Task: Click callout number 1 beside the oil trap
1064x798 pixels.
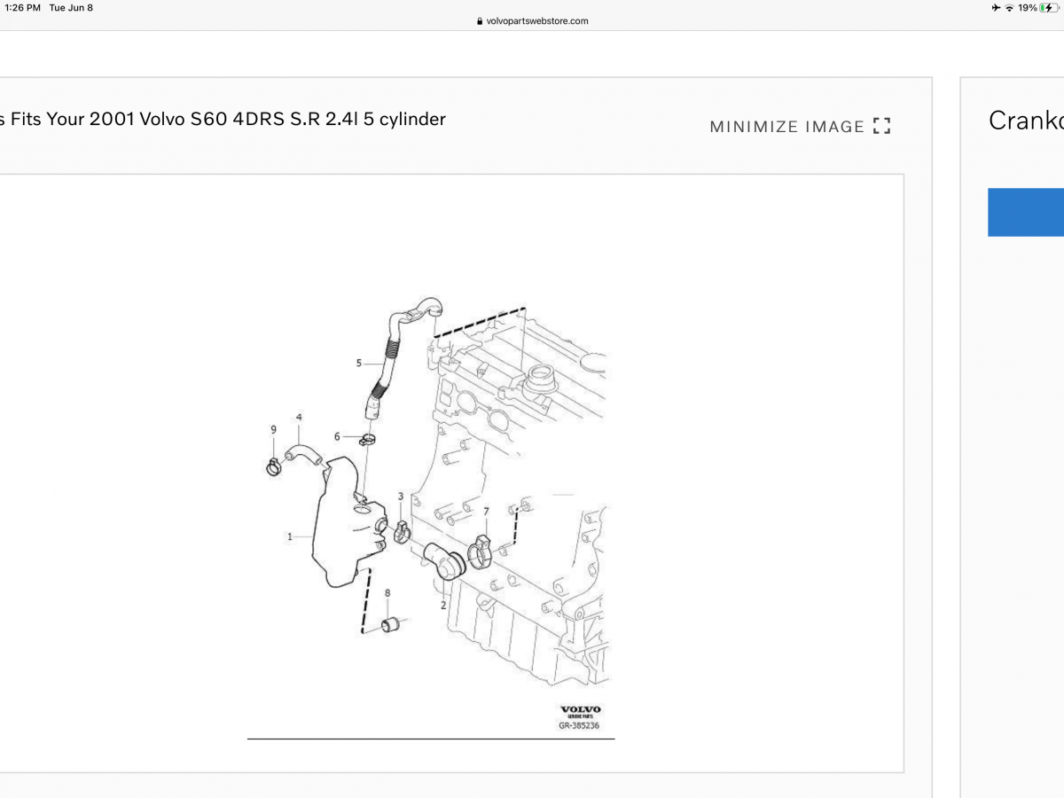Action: point(289,536)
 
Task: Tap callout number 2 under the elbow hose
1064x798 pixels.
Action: point(443,606)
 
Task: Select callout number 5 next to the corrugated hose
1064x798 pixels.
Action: point(359,363)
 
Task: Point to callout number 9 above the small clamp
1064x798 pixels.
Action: point(274,430)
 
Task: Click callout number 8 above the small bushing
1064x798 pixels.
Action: point(387,592)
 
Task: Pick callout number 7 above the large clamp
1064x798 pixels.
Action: point(486,512)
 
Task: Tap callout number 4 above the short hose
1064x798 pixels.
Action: point(299,417)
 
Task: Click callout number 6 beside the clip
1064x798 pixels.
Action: point(337,436)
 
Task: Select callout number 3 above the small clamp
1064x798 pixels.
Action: point(401,497)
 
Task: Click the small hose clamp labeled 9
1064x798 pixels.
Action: point(274,465)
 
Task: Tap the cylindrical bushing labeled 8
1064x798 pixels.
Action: point(392,625)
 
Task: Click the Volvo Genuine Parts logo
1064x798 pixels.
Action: point(581,711)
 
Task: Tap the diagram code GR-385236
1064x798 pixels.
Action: point(579,725)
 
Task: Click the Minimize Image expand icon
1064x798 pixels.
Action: point(881,126)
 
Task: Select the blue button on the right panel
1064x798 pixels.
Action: point(1026,212)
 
